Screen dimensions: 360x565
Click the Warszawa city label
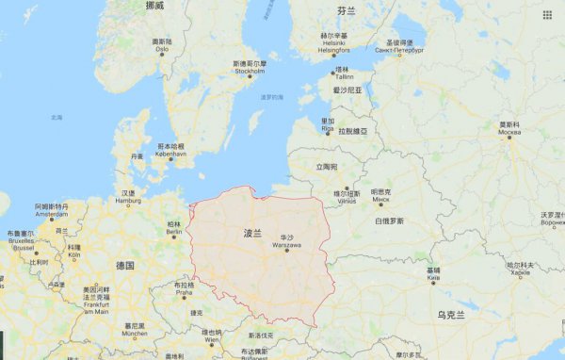click(287, 244)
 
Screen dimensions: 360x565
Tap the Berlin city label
click(173, 231)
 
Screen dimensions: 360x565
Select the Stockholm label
click(250, 71)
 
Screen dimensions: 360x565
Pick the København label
click(171, 154)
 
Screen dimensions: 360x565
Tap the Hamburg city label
click(128, 201)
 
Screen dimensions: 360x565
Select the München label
click(135, 333)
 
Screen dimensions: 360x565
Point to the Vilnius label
click(347, 201)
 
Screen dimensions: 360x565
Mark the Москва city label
click(509, 132)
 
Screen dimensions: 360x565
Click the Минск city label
click(380, 199)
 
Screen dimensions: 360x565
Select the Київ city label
click(433, 277)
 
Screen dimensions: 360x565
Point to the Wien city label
click(212, 339)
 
